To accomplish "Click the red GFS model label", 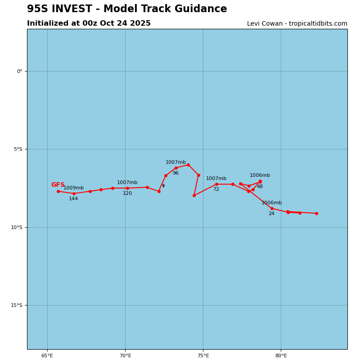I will (x=58, y=185).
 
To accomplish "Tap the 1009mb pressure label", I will (x=73, y=188).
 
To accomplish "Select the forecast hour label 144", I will (x=73, y=199).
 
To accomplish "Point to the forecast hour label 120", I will (x=127, y=193).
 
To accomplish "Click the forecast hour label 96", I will (x=175, y=173).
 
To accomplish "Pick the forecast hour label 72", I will (x=216, y=189).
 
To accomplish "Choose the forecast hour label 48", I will (x=260, y=187).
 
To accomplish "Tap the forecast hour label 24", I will (x=271, y=214).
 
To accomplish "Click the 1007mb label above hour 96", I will (x=175, y=162).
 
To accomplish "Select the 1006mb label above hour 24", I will (x=271, y=203).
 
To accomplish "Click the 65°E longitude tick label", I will (x=47, y=355).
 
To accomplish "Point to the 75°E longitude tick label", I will (x=203, y=355).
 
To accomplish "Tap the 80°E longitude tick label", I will (x=281, y=355).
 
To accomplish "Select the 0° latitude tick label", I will (x=20, y=71).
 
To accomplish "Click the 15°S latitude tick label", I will (x=17, y=305).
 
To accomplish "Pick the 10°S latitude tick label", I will (x=17, y=227).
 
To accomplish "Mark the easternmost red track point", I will (x=316, y=213).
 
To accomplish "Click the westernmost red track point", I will (x=58, y=191).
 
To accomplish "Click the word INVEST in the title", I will (x=77, y=9).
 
